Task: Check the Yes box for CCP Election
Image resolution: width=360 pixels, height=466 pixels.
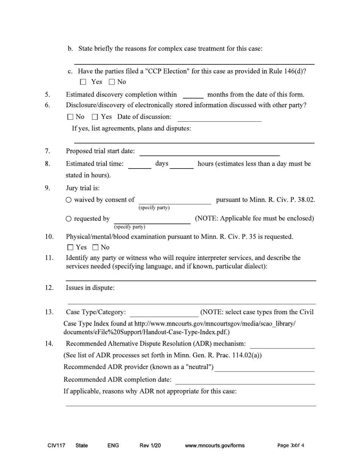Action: pyautogui.click(x=83, y=82)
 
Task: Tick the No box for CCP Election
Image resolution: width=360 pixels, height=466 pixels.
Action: pyautogui.click(x=112, y=82)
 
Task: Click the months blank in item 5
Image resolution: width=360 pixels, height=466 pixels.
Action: pyautogui.click(x=193, y=95)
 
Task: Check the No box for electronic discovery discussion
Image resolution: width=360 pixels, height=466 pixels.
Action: pyautogui.click(x=70, y=117)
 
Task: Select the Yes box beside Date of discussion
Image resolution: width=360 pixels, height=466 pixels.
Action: pyautogui.click(x=95, y=117)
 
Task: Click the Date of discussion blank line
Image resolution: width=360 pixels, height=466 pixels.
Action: pyautogui.click(x=219, y=118)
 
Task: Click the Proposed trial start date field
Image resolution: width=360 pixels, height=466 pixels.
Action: pyautogui.click(x=210, y=152)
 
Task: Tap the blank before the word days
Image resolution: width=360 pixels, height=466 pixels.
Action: pyautogui.click(x=139, y=165)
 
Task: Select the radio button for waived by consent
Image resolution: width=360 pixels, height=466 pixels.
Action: pyautogui.click(x=69, y=200)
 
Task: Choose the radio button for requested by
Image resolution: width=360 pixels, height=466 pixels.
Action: pyautogui.click(x=69, y=219)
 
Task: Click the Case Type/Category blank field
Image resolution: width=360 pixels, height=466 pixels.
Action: pyautogui.click(x=164, y=313)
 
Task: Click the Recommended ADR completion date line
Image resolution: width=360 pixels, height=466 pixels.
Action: pyautogui.click(x=245, y=380)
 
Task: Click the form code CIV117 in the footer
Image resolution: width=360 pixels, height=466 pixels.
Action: pyautogui.click(x=56, y=446)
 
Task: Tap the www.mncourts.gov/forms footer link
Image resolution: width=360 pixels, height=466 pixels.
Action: pyautogui.click(x=214, y=446)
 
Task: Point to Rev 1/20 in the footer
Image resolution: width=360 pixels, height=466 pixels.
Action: pyautogui.click(x=150, y=446)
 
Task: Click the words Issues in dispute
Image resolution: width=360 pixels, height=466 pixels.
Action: pyautogui.click(x=90, y=288)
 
